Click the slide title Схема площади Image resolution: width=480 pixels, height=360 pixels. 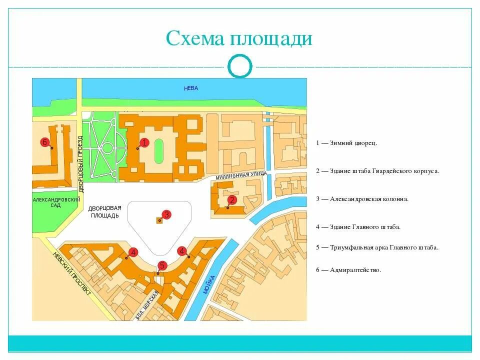[x=239, y=38]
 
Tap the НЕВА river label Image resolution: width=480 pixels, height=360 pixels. [x=191, y=88]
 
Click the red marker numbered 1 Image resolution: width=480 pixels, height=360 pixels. [x=144, y=143]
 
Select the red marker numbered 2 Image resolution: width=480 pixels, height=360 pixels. [x=231, y=200]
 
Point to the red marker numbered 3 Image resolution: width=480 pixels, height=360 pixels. [x=166, y=214]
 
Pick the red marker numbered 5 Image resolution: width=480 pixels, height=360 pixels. [x=162, y=266]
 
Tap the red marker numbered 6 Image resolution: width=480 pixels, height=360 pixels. [x=44, y=142]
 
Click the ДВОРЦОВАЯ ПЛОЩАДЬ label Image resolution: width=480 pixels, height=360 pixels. [x=105, y=212]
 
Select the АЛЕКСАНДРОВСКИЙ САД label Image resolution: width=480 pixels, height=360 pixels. [x=56, y=202]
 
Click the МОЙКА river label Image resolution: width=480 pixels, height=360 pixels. [x=209, y=284]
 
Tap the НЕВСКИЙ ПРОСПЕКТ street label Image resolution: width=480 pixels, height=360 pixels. [x=72, y=273]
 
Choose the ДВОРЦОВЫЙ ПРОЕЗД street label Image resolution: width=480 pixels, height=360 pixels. [x=80, y=163]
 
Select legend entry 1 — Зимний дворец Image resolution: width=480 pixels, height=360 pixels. [x=346, y=143]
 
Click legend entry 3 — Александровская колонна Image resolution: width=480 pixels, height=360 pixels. [x=362, y=198]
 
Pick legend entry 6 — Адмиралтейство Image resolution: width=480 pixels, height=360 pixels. [x=348, y=270]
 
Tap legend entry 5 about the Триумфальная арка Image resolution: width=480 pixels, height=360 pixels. [x=377, y=247]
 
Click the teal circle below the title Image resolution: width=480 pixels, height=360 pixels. [x=239, y=66]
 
